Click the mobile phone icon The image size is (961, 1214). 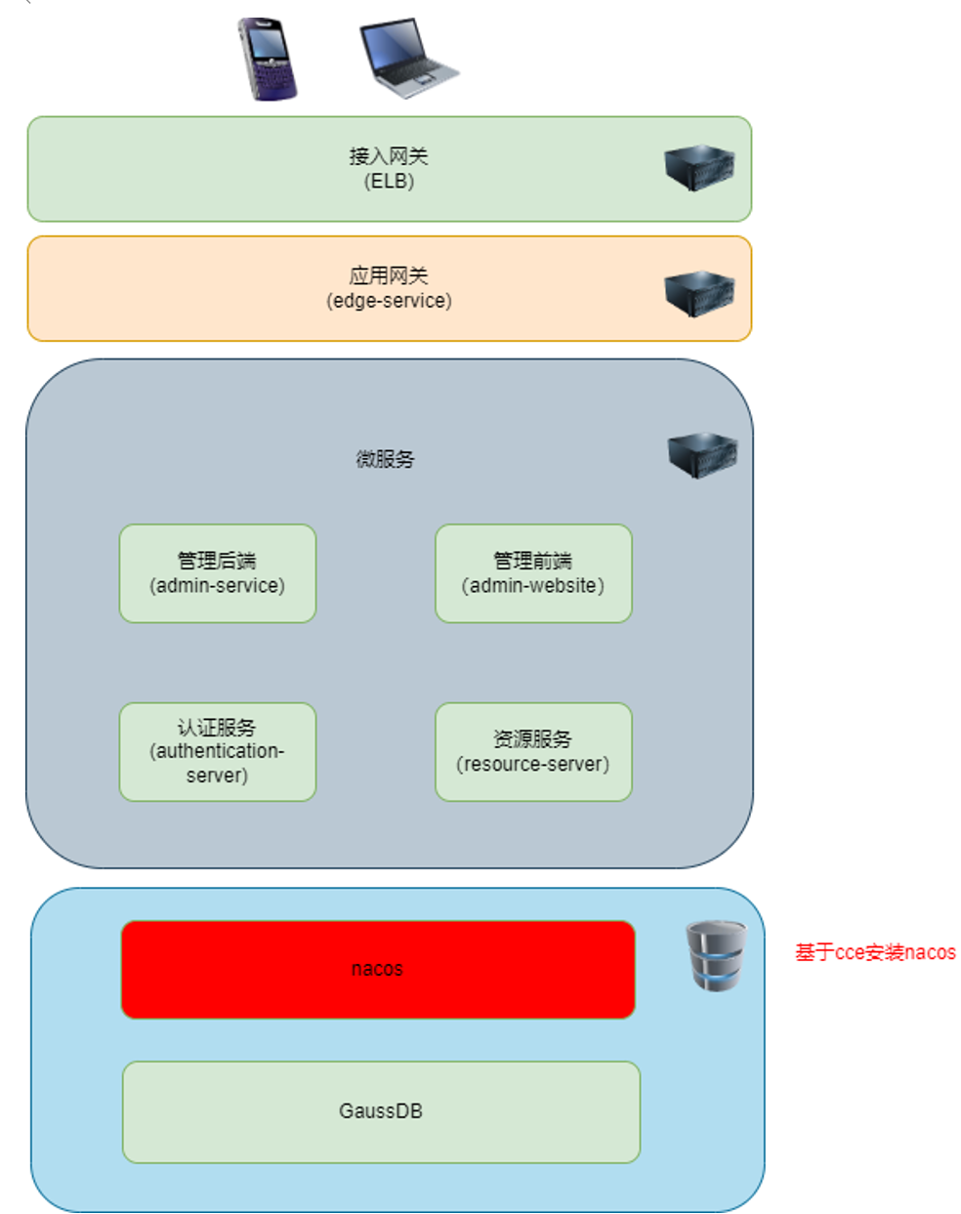(267, 59)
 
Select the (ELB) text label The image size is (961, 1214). (389, 182)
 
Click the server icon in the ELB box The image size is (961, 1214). (699, 168)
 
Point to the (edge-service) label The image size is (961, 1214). (389, 301)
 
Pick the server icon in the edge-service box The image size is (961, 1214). (699, 293)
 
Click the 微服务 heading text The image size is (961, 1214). (385, 459)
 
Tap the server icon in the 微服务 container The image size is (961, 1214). (702, 454)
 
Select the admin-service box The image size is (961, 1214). (218, 573)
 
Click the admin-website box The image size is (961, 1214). (533, 573)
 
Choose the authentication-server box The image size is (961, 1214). (218, 752)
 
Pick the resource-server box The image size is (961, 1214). (533, 752)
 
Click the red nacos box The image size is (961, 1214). (378, 969)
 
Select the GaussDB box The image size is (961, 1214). (381, 1111)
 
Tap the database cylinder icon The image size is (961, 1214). (715, 955)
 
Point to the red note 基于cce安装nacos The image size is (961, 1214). (875, 952)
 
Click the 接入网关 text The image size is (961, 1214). (389, 156)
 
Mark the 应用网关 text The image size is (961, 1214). (389, 275)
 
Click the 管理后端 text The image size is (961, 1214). (217, 561)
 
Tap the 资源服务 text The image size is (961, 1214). (532, 739)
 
